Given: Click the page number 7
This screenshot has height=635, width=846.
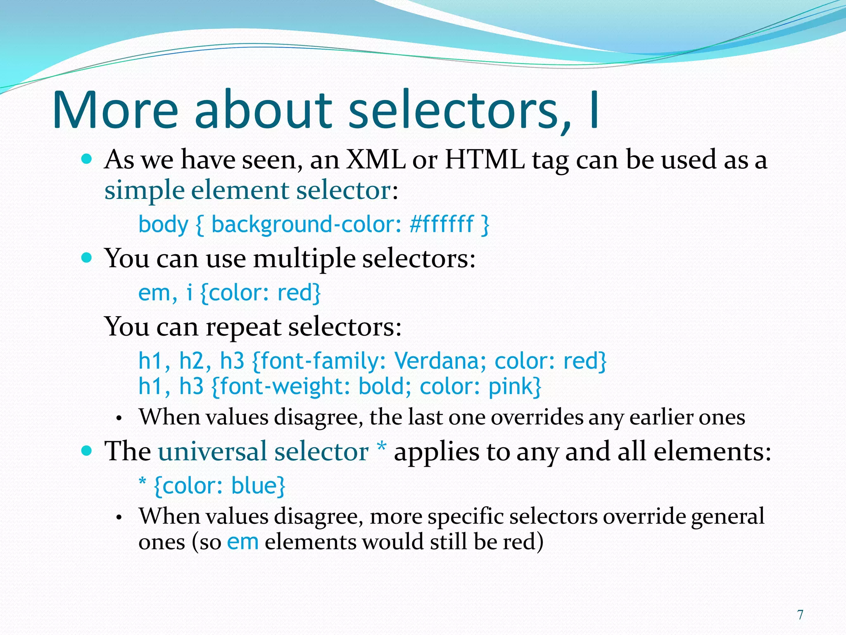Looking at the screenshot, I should (x=800, y=615).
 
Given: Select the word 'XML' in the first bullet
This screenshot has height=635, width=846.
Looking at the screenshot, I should (x=375, y=160).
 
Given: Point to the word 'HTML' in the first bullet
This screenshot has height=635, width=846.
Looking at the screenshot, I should (x=484, y=160).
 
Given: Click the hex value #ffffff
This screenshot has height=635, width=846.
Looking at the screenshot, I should (x=441, y=224).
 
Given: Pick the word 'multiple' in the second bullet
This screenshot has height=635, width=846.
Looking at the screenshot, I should (x=304, y=259).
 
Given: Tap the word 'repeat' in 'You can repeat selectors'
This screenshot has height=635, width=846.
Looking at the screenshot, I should (x=243, y=327).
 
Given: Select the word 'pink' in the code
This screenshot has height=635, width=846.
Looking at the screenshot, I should (x=511, y=387).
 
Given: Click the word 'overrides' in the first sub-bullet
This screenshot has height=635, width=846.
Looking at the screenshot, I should (x=537, y=417).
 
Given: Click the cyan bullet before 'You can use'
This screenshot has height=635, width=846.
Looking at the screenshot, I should (x=86, y=258).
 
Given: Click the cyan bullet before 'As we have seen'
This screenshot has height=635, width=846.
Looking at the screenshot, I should (x=86, y=159).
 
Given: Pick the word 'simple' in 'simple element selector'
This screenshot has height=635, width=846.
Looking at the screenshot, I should (x=144, y=191).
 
